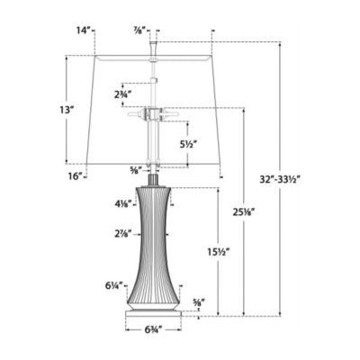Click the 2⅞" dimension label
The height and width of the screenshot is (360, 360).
click(124, 234)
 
